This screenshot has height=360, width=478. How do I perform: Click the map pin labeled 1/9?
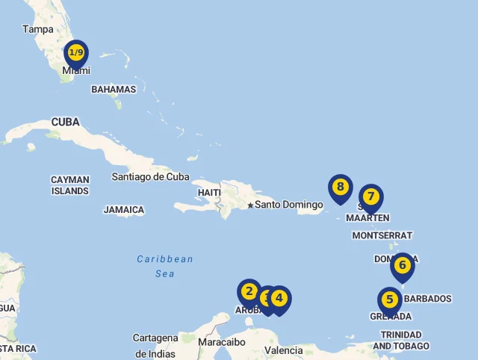tap(76, 53)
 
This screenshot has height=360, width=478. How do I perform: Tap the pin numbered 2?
tap(249, 292)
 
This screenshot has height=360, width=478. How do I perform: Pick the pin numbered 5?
tap(389, 300)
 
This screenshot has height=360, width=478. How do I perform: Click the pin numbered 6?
tap(402, 265)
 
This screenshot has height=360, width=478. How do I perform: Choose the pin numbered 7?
tap(370, 197)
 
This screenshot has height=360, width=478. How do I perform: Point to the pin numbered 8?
tap(340, 187)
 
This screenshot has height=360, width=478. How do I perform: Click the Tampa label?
tap(38, 29)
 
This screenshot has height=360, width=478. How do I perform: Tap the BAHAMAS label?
tap(114, 90)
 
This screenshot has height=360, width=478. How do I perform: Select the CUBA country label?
tap(65, 122)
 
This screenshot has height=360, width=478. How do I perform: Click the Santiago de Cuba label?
tap(150, 177)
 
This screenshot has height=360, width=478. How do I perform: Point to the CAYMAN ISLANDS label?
tap(70, 185)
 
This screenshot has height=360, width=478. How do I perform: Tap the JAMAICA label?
tap(124, 210)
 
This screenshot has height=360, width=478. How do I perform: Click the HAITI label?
tap(209, 193)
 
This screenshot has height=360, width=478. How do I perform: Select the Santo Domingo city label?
tap(289, 205)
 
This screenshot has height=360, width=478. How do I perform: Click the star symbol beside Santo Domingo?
tap(250, 205)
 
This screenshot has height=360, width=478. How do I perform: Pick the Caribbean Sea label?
tap(165, 267)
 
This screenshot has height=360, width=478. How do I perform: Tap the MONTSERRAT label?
tap(382, 235)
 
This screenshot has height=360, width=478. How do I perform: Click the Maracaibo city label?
tap(222, 342)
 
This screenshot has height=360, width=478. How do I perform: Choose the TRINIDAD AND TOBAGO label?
tap(401, 341)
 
